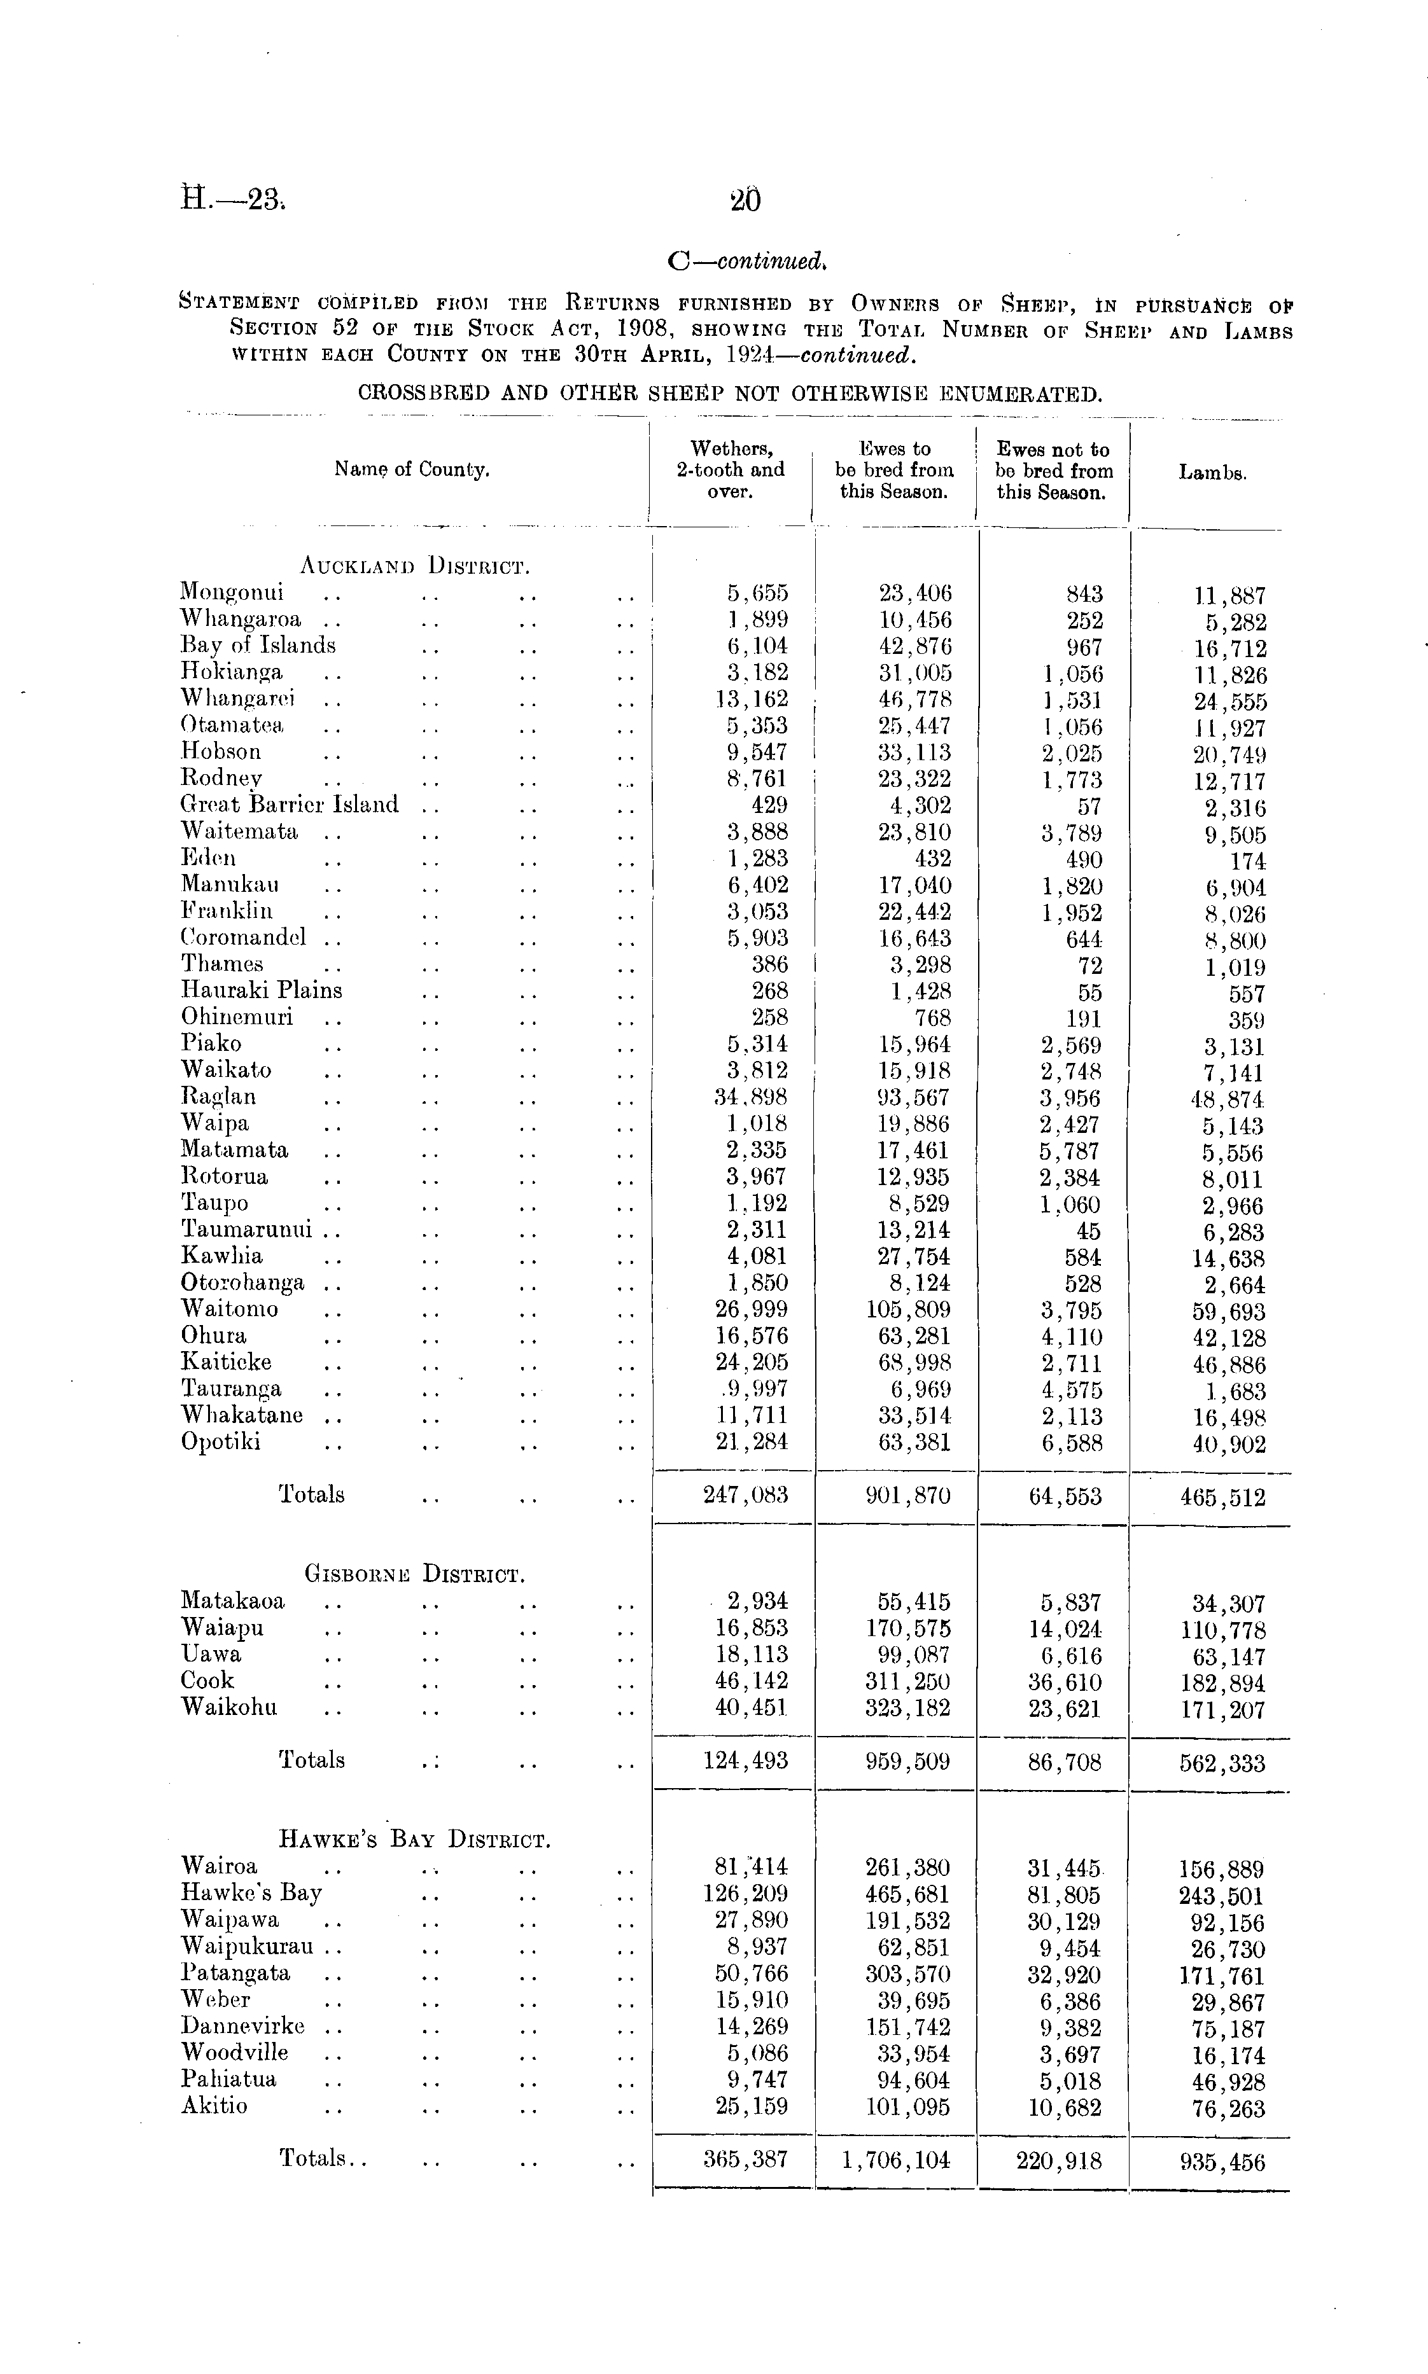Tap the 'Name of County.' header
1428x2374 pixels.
(412, 469)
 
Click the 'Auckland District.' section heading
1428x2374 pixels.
(416, 565)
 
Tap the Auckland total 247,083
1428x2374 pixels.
(746, 1495)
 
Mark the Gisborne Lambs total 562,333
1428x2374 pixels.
(1222, 1763)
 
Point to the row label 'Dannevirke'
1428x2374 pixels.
(242, 2026)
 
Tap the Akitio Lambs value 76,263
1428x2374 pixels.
(1222, 2109)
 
